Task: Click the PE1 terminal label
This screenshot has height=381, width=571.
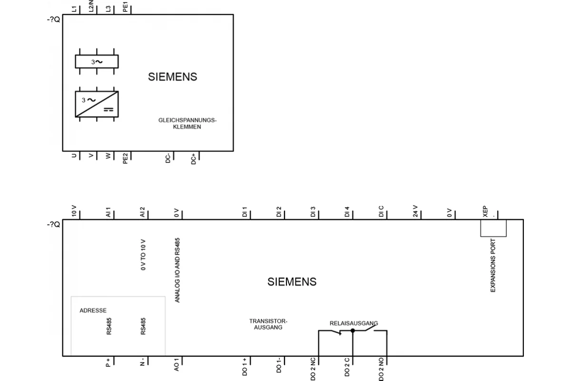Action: tap(125, 7)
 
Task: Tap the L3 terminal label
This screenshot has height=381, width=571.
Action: tap(108, 9)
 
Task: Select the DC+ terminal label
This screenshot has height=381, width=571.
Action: tap(194, 159)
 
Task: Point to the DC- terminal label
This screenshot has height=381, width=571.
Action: tap(167, 158)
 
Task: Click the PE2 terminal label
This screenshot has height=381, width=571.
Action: tap(125, 159)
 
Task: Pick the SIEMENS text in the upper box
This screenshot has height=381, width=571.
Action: tap(173, 77)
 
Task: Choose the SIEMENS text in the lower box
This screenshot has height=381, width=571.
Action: tap(292, 282)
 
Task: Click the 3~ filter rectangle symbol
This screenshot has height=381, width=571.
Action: tap(97, 61)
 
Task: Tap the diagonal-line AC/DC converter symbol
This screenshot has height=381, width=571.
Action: tap(97, 104)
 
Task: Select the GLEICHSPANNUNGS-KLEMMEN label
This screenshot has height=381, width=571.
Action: tap(187, 123)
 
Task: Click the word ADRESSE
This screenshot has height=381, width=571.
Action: tap(93, 311)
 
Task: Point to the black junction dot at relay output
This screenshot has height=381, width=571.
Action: tap(353, 331)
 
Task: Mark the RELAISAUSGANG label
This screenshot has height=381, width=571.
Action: tap(354, 323)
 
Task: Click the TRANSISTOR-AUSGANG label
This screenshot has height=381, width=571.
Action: tap(268, 324)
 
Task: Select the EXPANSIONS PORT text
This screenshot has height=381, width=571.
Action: tap(493, 265)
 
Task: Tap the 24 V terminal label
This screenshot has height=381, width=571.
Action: tap(415, 211)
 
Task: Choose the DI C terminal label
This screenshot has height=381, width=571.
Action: tap(381, 211)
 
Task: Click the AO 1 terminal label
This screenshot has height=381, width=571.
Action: tap(177, 364)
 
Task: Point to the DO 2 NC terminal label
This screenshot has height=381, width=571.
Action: tap(313, 369)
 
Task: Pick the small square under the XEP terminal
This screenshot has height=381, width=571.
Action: tap(493, 228)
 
